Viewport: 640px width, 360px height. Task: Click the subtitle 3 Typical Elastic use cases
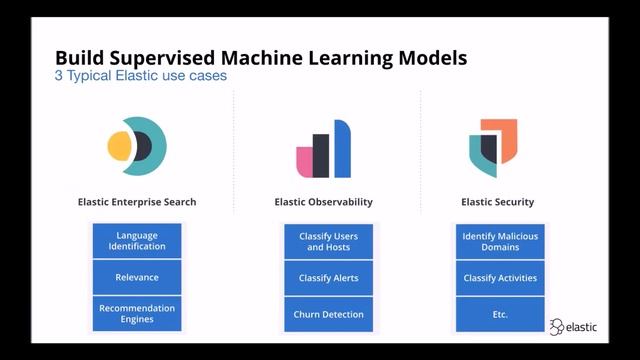141,77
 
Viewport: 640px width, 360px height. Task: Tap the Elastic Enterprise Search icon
137,147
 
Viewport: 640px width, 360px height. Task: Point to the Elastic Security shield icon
493,148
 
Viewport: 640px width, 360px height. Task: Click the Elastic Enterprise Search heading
137,202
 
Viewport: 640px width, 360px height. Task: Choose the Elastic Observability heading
323,202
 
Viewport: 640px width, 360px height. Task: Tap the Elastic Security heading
497,202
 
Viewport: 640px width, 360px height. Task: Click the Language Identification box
137,241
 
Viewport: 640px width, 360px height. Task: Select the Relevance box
137,277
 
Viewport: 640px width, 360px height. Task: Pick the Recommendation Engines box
137,314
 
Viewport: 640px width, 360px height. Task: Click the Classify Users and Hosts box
328,241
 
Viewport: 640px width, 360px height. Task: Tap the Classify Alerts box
328,277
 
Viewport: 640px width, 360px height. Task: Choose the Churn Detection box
328,314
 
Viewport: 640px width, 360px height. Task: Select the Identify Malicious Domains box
500,241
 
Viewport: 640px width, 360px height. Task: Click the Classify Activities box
500,277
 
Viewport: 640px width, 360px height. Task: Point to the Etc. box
500,314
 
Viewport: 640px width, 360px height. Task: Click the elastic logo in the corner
576,326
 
